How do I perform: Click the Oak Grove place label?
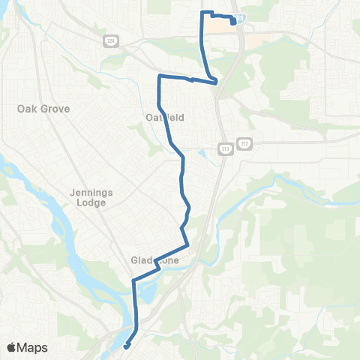tap(43, 109)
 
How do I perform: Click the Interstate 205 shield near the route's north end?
tap(240, 16)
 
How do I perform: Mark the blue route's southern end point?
tap(125, 346)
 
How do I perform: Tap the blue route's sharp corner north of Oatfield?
tap(159, 76)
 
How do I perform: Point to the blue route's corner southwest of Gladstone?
tap(133, 280)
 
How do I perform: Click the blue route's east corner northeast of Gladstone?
tap(187, 244)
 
